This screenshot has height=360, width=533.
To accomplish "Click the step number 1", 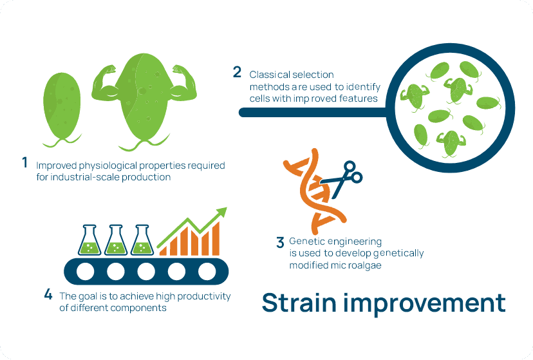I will (24, 163).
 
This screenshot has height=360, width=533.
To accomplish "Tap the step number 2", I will (238, 71).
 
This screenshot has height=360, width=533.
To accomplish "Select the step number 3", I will (279, 243).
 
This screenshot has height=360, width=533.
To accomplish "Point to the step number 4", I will (48, 295).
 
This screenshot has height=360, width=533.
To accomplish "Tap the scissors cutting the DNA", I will (344, 175).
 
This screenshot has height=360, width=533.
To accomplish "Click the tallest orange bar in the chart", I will (216, 238).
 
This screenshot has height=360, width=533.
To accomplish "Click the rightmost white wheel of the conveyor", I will (207, 271).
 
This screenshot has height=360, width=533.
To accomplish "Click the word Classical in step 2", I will (268, 75).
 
